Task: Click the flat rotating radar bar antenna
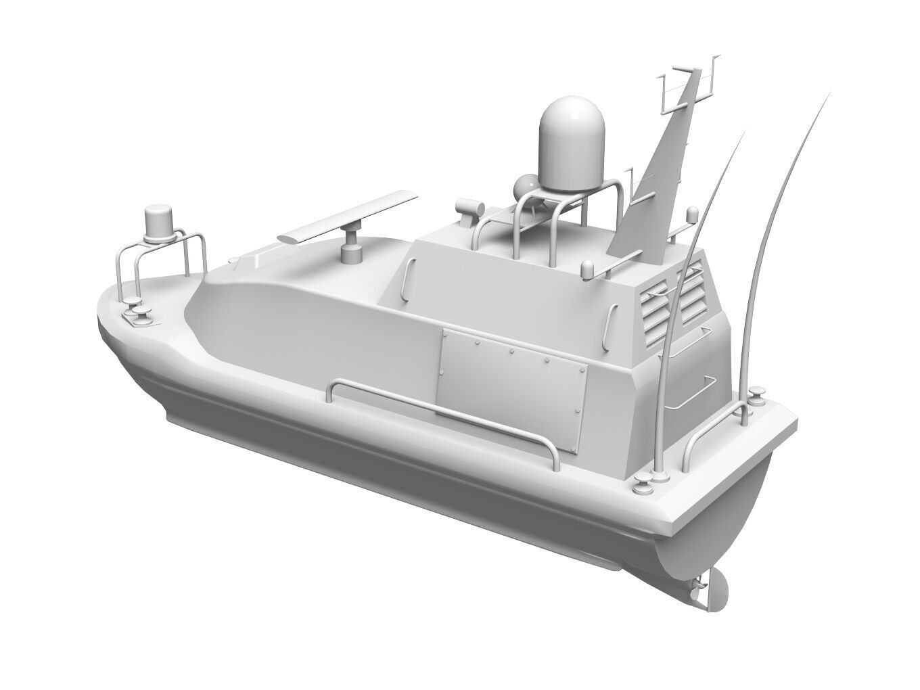[x=348, y=217]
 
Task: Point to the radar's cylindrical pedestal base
[x=351, y=250]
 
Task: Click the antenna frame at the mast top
[x=685, y=88]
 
